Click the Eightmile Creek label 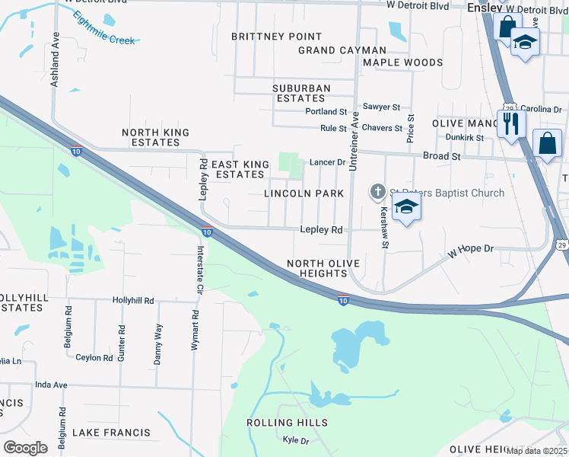coord(104,28)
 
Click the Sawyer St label coord(381,107)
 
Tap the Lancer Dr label coord(328,162)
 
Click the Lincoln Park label coord(304,193)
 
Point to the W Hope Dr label coord(471,249)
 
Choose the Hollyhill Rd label coord(133,301)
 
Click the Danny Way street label coord(158,344)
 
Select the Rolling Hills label coord(287,423)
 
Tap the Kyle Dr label coord(295,440)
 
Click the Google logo coord(25,447)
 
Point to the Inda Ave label coord(52,385)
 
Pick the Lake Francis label coord(111,433)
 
